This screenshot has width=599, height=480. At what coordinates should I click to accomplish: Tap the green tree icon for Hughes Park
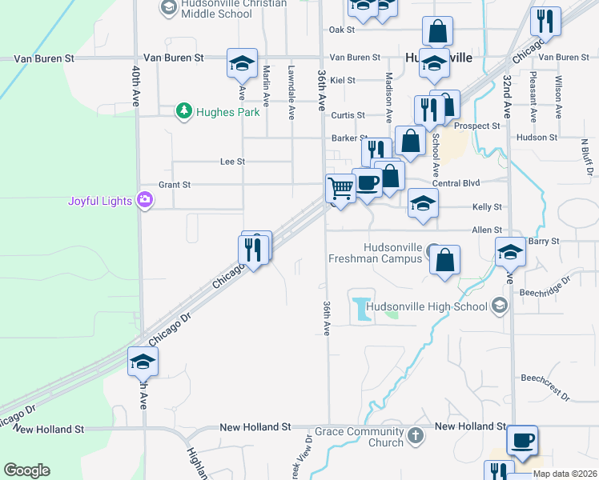point(184,111)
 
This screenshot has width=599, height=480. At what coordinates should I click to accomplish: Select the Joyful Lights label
point(99,201)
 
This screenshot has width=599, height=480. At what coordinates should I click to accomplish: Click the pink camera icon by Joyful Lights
point(145,200)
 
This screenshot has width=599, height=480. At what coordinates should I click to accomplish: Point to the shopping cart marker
point(341,189)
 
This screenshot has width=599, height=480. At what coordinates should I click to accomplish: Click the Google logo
point(26,470)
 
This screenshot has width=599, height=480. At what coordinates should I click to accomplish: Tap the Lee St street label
point(232,162)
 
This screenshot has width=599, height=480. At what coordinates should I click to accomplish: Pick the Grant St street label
point(174,185)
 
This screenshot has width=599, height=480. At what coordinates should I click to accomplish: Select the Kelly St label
point(487,207)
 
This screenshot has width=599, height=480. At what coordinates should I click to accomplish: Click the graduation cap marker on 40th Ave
point(143,362)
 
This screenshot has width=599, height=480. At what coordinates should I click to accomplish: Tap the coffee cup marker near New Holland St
point(522,440)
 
